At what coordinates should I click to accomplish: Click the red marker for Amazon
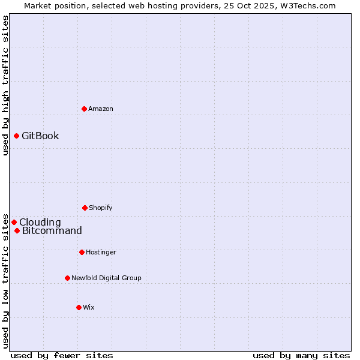point(84,109)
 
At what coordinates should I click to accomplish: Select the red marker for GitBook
point(16,136)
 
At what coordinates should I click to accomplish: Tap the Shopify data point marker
point(85,208)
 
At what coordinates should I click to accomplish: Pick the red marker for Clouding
point(14,222)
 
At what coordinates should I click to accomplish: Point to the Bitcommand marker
point(17,231)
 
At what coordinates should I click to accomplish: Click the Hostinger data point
point(82,252)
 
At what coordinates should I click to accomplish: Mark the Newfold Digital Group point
point(67,278)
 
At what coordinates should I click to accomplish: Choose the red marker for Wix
point(79,307)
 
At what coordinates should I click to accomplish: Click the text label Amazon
point(101,109)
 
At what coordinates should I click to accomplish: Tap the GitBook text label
point(40,136)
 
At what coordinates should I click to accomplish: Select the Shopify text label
point(101,208)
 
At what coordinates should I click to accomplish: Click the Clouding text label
point(40,222)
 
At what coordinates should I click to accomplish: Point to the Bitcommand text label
point(52,231)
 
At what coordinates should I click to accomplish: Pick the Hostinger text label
point(101,252)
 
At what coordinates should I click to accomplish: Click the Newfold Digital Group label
point(106,278)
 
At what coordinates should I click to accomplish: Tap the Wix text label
point(89,307)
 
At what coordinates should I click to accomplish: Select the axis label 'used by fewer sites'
point(62,355)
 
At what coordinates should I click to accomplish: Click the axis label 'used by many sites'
point(301,355)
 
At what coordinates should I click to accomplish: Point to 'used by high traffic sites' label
point(5,85)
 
